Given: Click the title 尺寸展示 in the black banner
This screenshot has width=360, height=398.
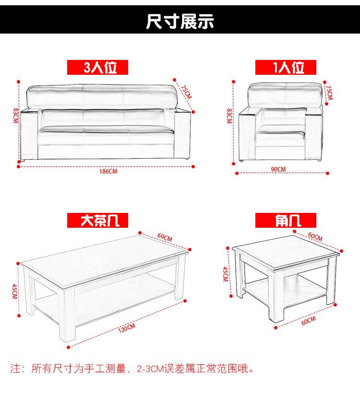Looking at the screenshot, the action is (x=180, y=21).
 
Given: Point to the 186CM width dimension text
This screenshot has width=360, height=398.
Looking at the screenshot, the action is (x=108, y=172).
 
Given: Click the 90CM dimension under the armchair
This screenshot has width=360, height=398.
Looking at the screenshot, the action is (x=278, y=169).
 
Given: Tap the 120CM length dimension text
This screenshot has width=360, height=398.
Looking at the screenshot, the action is (x=127, y=328).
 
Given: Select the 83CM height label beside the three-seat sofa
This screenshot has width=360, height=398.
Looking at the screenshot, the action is (x=16, y=116).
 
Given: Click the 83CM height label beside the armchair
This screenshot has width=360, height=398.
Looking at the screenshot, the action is (x=229, y=116).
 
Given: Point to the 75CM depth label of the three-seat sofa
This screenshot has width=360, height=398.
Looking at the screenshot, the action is (x=186, y=92).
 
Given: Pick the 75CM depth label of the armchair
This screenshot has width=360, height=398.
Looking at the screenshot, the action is (x=329, y=93).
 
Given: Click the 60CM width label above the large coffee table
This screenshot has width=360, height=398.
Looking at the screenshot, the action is (x=165, y=237).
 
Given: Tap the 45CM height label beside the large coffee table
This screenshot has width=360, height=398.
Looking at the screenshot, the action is (x=15, y=292).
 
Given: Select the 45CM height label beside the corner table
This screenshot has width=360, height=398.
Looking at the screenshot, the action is (x=225, y=274).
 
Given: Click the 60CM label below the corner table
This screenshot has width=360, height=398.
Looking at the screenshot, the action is (x=309, y=321).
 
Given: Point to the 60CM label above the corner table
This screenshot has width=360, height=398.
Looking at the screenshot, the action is (x=315, y=236).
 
